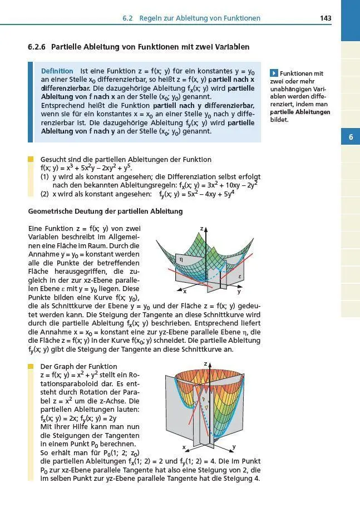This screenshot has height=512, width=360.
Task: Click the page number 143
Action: point(326,18)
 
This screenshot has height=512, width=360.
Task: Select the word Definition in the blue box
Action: point(57,71)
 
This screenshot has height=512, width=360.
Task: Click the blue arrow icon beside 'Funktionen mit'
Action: point(273,73)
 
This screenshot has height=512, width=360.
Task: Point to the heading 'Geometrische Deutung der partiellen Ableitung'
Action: point(105,211)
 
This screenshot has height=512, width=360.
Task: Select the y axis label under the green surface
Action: point(239,291)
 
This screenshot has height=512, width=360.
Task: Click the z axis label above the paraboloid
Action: point(205,363)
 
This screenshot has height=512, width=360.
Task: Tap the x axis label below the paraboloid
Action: point(184,447)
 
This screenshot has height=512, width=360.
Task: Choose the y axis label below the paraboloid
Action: point(234,446)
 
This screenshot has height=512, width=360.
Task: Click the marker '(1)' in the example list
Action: point(45,176)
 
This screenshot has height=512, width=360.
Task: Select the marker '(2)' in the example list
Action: point(45,194)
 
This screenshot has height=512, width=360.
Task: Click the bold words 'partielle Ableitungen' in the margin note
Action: point(300,112)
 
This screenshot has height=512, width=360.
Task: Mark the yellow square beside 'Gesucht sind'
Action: point(31,160)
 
